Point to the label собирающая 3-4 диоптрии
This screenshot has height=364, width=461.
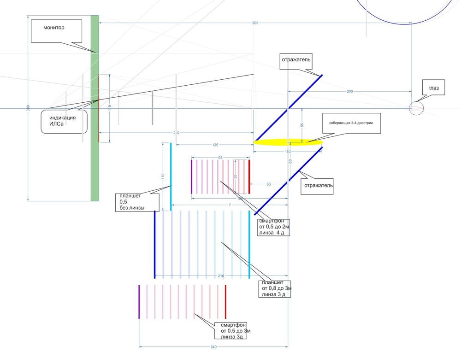[x=352, y=123]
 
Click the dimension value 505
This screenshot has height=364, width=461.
[x=255, y=23]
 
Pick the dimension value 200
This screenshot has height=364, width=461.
[x=349, y=92]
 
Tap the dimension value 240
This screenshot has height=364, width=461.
[x=213, y=347]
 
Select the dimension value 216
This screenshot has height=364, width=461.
[x=221, y=276]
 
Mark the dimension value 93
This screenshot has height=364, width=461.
[x=220, y=158]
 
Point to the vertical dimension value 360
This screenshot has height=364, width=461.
[x=28, y=107]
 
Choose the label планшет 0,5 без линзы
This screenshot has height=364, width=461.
[x=136, y=201]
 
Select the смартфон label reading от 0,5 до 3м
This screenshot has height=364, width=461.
[x=235, y=331]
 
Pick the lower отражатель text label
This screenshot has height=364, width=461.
[x=318, y=186]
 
